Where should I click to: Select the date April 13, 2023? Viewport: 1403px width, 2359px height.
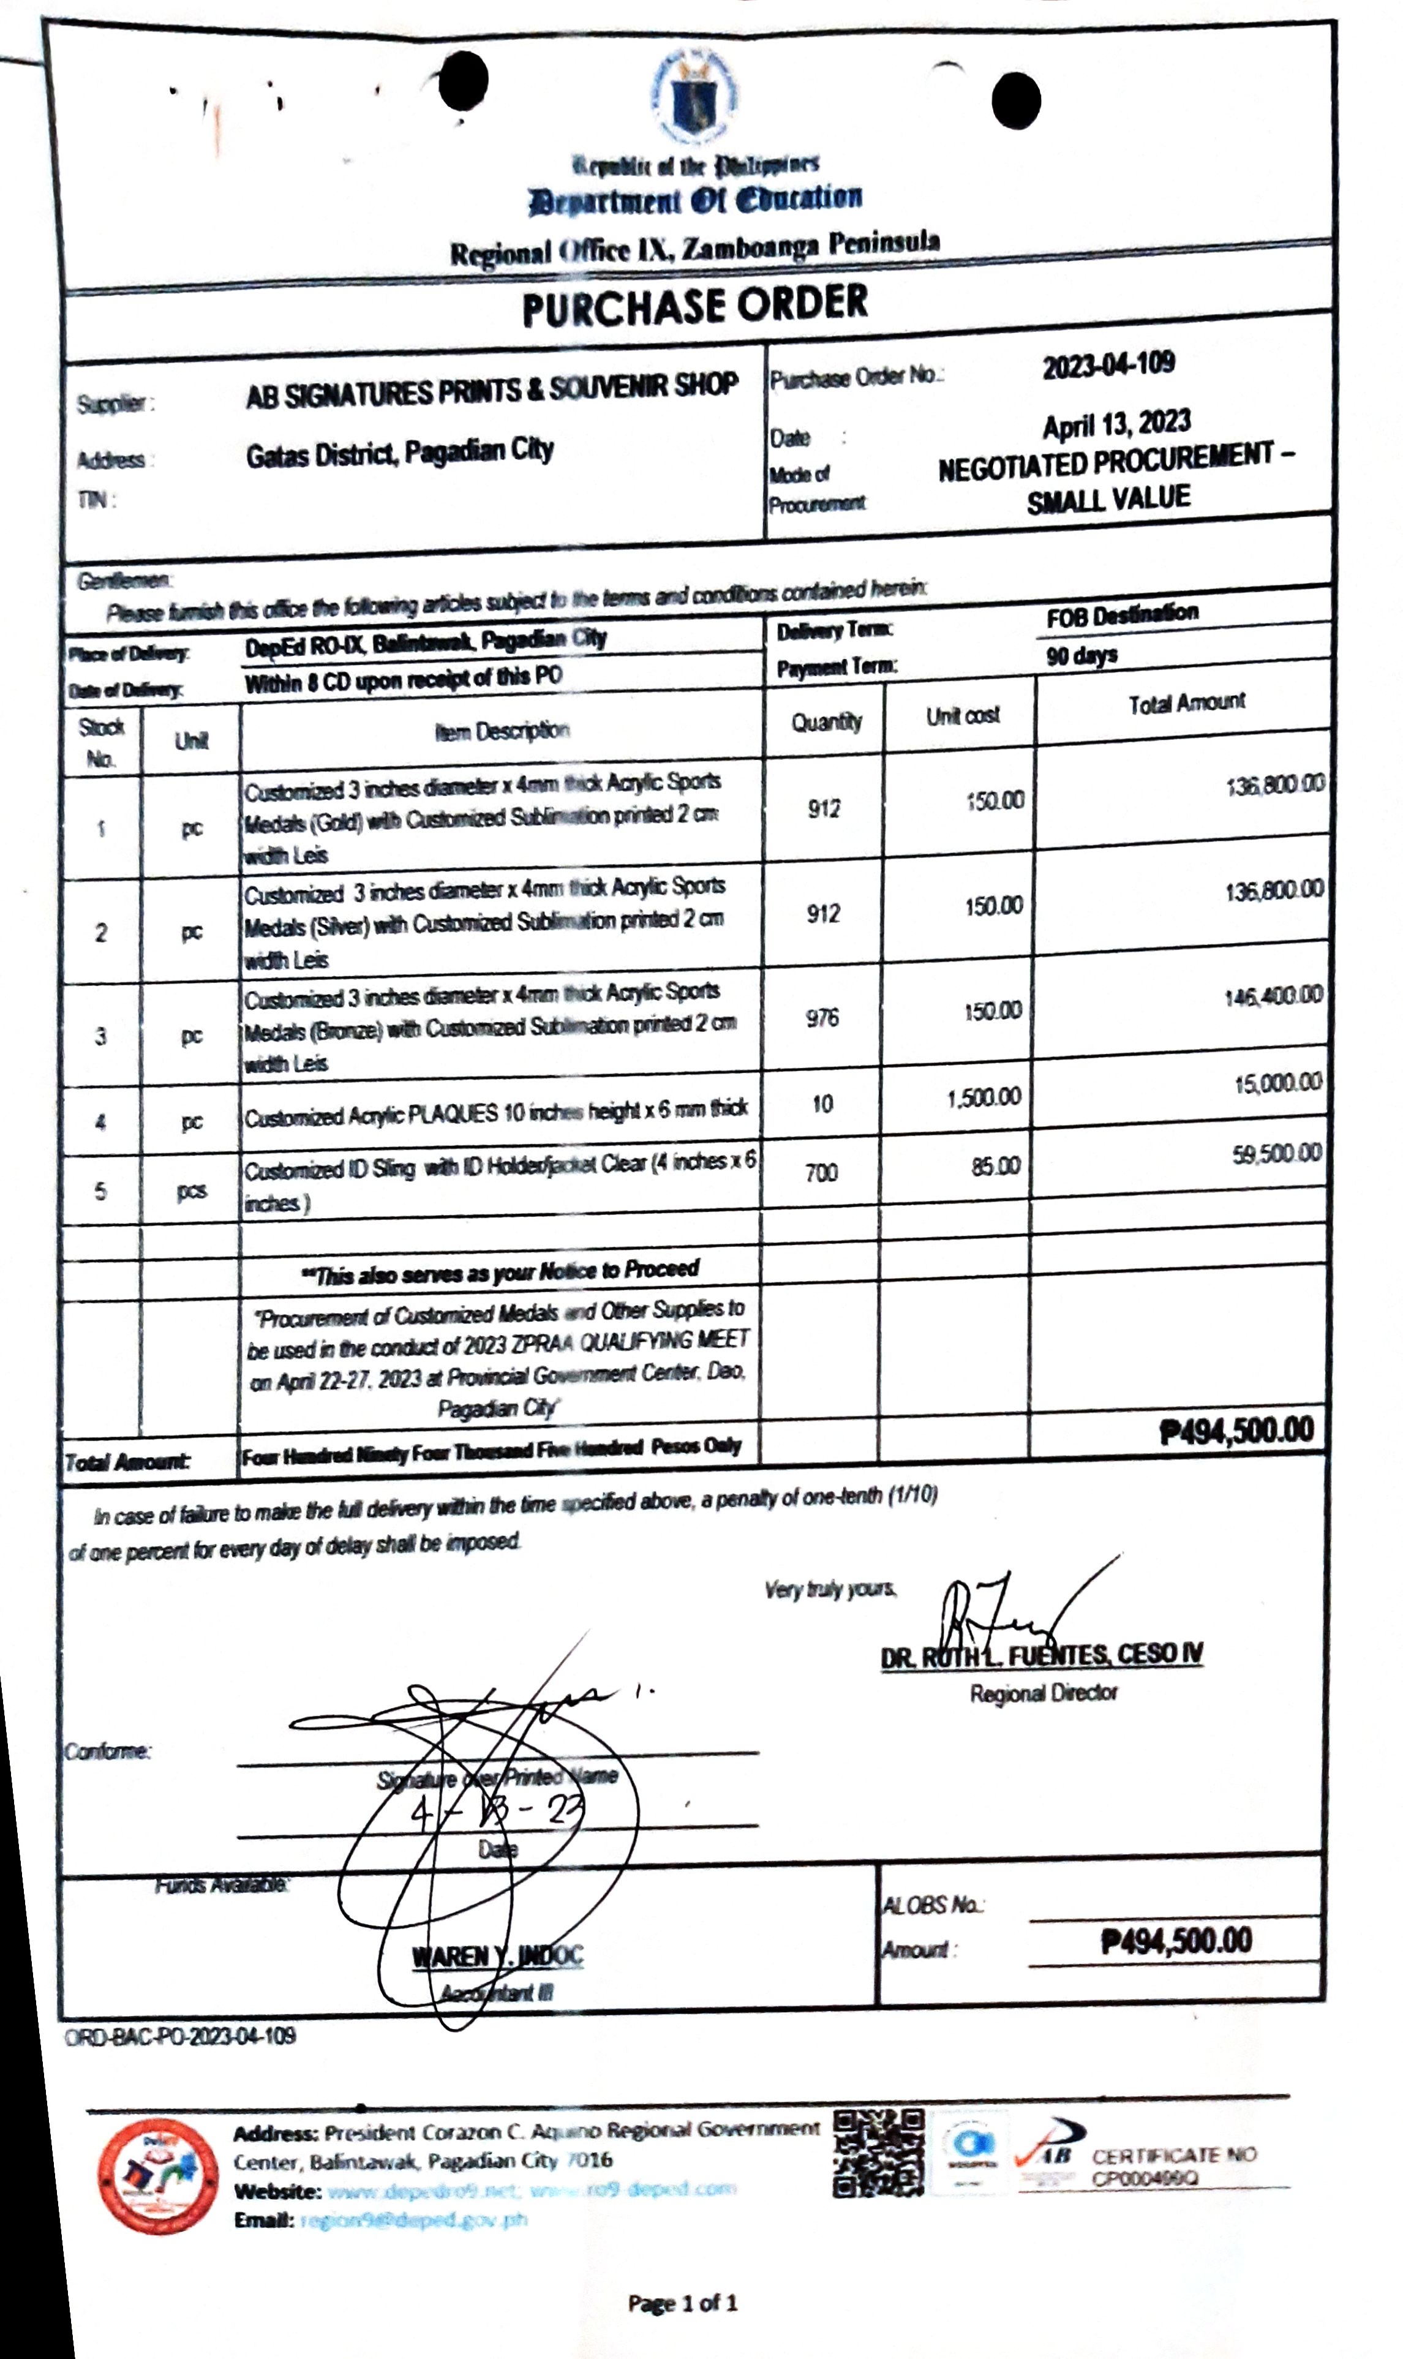(1116, 424)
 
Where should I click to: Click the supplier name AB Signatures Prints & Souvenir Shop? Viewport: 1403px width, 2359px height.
(492, 389)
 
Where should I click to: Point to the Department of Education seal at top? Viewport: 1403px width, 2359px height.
(695, 94)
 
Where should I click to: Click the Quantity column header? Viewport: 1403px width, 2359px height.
(826, 723)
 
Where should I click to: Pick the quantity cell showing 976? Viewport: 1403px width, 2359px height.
(822, 1018)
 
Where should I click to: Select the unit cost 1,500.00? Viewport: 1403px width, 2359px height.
(984, 1097)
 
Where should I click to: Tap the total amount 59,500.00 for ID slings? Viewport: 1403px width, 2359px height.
(1276, 1154)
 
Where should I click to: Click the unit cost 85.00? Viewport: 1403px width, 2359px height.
(996, 1167)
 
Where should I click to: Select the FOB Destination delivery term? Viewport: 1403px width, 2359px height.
(1121, 615)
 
